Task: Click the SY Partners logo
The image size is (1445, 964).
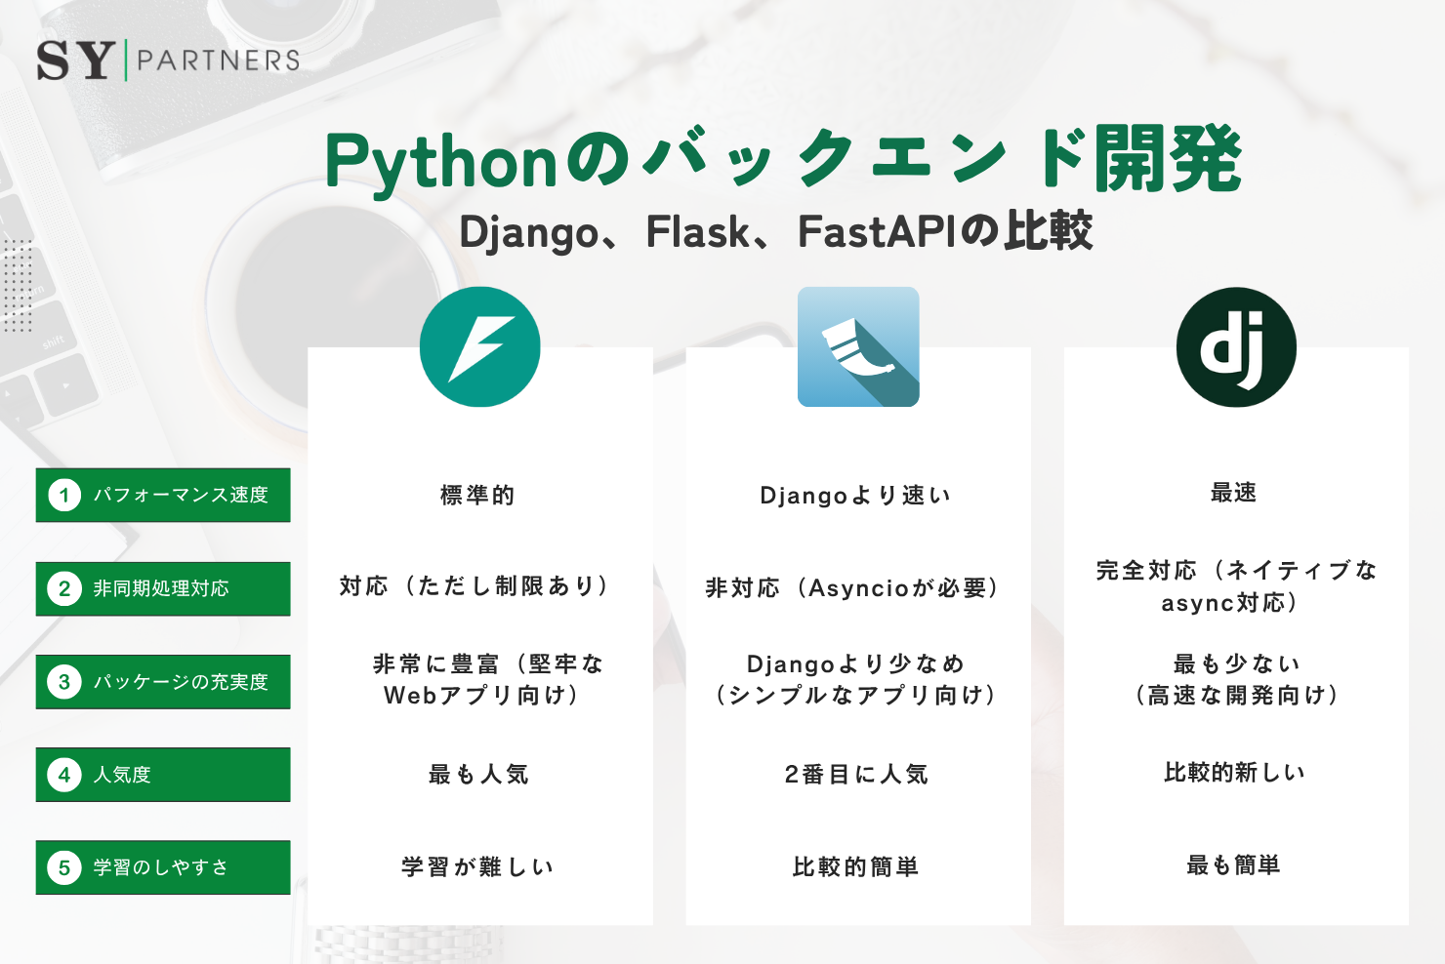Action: tap(168, 60)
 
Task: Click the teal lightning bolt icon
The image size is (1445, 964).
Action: tap(479, 347)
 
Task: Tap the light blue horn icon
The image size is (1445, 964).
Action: tap(858, 347)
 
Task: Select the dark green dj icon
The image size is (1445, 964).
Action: tap(1236, 347)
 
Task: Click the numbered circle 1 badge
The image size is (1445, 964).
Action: tap(64, 495)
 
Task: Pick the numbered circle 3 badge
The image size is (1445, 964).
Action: tap(64, 682)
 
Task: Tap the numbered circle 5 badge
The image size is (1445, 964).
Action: tap(64, 867)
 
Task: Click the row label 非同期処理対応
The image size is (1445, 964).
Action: tap(161, 588)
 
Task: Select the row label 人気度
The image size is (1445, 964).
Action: tap(122, 775)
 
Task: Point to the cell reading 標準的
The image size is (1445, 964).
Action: tap(477, 496)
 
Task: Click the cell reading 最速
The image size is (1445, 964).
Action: tap(1234, 493)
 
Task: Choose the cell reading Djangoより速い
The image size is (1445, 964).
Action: tap(855, 496)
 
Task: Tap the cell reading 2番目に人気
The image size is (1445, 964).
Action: tap(856, 775)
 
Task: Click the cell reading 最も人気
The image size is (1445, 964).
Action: tap(478, 775)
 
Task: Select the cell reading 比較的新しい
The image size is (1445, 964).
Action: tap(1234, 773)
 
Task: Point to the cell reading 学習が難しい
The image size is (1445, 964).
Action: tap(477, 867)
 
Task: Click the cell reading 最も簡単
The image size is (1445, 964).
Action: tap(1233, 865)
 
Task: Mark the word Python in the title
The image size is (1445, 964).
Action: tap(441, 162)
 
